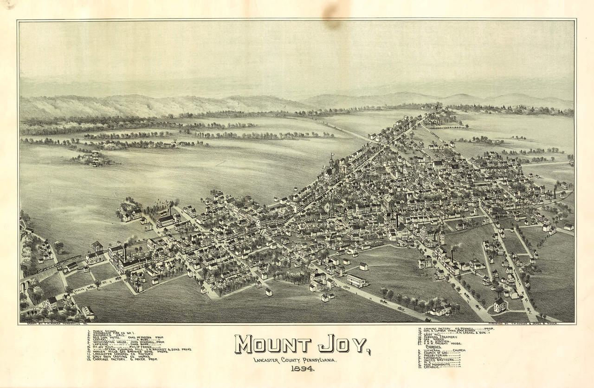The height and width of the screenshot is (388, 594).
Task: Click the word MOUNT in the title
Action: click(272, 344)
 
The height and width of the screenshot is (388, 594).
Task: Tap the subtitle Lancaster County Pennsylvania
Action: click(295, 360)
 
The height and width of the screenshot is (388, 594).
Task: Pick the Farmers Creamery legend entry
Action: click(441, 337)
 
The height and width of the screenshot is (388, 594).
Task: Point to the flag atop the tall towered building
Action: click(332, 155)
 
